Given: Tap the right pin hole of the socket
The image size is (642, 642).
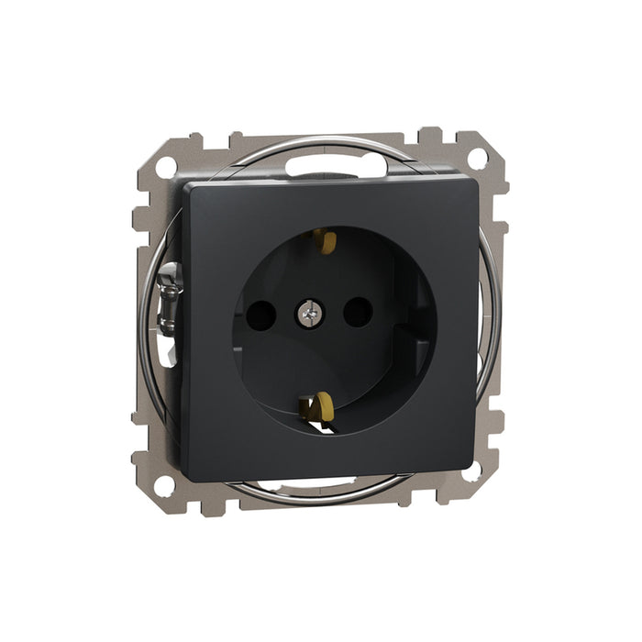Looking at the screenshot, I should click(355, 313).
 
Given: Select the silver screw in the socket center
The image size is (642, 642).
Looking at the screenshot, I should click(307, 315).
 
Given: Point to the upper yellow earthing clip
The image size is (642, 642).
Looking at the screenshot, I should click(322, 241).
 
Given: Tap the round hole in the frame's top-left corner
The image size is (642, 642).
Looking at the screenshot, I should click(167, 167).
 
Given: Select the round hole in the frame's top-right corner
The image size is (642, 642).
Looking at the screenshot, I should click(477, 157).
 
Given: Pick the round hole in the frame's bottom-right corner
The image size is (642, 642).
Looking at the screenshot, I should click(471, 471).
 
